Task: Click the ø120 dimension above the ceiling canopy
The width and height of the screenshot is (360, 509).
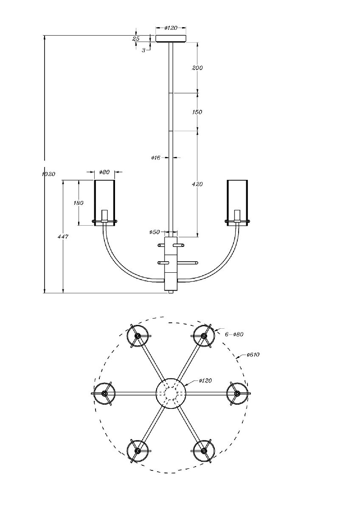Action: (171, 28)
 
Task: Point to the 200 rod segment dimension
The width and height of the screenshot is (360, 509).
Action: (197, 68)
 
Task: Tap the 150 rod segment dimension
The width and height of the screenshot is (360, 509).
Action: (197, 112)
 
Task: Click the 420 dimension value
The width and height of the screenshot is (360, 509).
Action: (197, 184)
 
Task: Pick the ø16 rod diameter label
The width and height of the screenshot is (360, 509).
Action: (155, 158)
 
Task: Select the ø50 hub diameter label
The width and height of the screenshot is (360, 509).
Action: (155, 232)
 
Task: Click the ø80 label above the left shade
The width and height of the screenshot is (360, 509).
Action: (104, 172)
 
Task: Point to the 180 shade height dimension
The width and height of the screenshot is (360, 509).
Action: (79, 203)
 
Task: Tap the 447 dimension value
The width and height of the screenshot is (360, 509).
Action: (63, 237)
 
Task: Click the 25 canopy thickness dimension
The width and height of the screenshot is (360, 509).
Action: (136, 39)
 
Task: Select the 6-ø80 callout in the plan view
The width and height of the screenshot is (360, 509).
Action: (234, 335)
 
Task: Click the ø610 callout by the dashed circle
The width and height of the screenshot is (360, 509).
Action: (253, 355)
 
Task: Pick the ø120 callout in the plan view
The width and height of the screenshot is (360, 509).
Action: (205, 381)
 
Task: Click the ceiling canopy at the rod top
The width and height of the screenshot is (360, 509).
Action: (171, 39)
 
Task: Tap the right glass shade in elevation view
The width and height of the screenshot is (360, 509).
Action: (237, 202)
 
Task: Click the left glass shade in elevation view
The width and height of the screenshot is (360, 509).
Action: (104, 202)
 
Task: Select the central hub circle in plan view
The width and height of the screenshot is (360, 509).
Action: (171, 393)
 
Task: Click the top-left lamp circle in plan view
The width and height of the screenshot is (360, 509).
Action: (138, 336)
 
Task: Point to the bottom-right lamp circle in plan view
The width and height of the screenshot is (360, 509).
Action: (204, 450)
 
